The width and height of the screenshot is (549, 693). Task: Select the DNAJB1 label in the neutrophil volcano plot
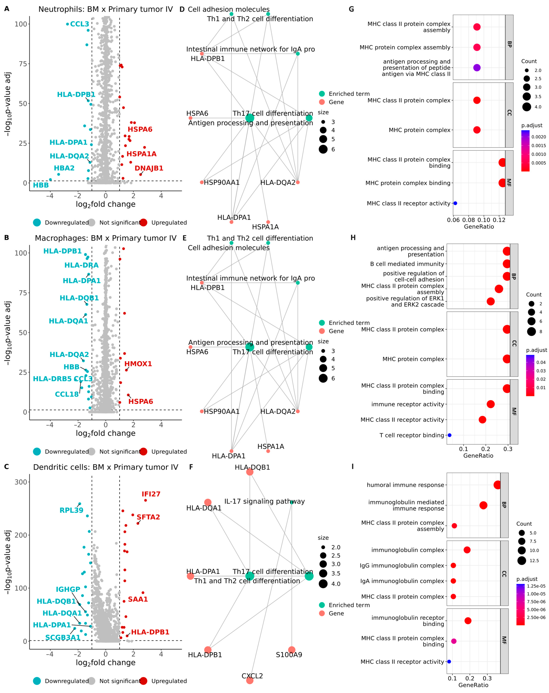tap(149, 168)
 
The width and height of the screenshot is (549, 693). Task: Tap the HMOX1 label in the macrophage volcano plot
tap(138, 364)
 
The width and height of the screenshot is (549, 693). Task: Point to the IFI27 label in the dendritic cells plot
tap(151, 494)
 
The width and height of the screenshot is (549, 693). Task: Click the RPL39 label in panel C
tap(71, 510)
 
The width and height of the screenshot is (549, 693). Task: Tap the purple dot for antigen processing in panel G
tap(477, 68)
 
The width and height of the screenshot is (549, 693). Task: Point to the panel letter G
tap(351, 9)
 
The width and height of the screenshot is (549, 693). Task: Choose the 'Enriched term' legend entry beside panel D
tap(349, 94)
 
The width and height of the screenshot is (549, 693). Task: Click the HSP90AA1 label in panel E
tap(222, 411)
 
